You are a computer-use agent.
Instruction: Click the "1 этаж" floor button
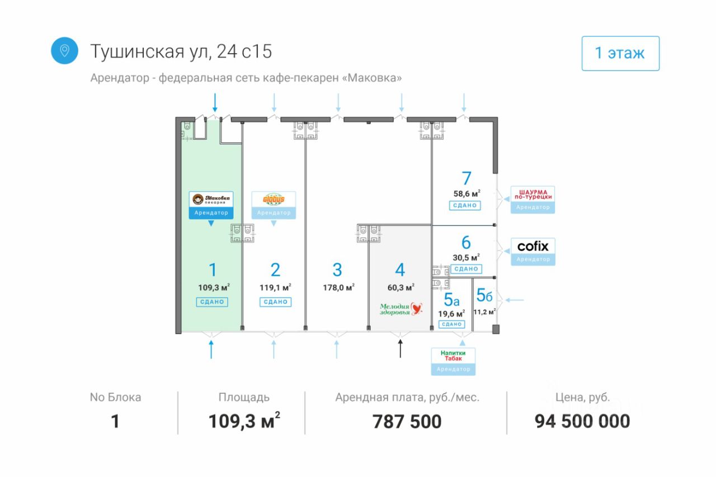pos(620,54)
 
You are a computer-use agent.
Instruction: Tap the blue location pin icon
pos(64,51)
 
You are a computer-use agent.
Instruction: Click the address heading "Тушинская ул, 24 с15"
pos(181,51)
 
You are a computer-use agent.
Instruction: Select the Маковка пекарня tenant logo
pos(211,200)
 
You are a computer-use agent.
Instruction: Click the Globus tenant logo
pos(274,200)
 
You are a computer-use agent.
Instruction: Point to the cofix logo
pos(533,246)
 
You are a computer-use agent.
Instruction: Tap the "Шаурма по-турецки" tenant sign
pos(533,194)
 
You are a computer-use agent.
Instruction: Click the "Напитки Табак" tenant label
pos(453,356)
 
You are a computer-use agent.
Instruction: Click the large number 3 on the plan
pos(337,270)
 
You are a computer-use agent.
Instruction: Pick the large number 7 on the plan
pos(467,178)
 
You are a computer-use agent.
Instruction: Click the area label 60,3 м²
pos(400,287)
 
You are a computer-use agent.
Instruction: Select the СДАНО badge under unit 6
pos(465,269)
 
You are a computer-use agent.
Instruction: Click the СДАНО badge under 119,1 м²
pos(275,302)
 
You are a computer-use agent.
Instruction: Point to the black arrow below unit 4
pos(400,348)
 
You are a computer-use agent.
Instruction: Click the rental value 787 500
pos(407,422)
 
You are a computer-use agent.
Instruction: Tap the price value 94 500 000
pos(582,422)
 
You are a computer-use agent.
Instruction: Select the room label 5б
pos(484,295)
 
